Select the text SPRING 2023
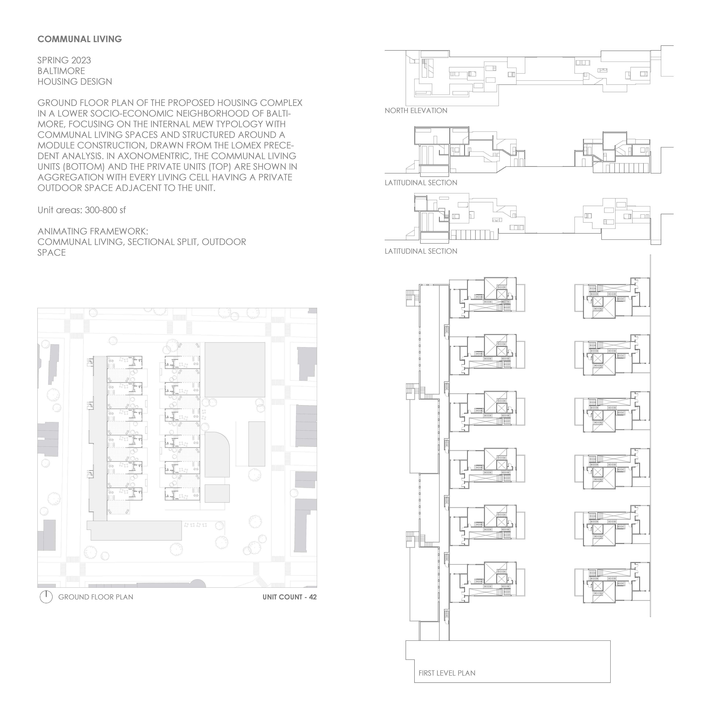(64, 60)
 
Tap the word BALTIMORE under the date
(61, 71)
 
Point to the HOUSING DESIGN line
(75, 81)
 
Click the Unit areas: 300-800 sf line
(81, 210)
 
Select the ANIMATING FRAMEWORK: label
(93, 231)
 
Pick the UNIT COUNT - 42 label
(290, 597)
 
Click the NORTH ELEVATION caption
(416, 110)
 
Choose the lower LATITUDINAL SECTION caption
(421, 251)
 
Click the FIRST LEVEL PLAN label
(447, 673)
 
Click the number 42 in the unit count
(313, 597)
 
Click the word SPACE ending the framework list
(52, 252)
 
